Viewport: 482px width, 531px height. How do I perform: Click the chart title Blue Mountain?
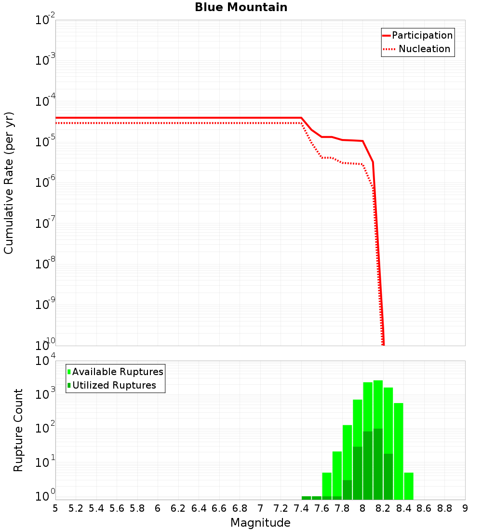tap(241, 7)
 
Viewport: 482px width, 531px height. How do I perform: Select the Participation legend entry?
tap(422, 35)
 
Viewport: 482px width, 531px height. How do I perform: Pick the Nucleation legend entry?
tap(424, 49)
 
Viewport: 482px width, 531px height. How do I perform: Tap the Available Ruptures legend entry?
tap(118, 372)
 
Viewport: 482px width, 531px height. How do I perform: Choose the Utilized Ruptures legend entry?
tap(114, 385)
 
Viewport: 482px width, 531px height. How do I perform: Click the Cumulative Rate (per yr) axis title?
tap(9, 182)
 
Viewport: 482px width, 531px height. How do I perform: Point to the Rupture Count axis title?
tap(18, 430)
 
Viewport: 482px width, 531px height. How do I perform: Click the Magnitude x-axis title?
tap(260, 523)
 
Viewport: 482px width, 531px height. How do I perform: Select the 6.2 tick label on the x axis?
tap(178, 508)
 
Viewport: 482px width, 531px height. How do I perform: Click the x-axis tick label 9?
tap(465, 508)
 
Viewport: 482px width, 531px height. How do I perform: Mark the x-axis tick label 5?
tap(55, 508)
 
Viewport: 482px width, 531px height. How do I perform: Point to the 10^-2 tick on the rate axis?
tap(45, 21)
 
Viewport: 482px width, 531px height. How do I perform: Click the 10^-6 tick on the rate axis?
tap(45, 183)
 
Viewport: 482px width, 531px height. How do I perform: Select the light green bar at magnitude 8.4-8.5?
tap(409, 486)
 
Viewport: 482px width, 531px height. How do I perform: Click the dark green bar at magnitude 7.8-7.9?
tap(347, 489)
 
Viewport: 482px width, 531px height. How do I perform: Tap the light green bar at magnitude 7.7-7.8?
tap(337, 473)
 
